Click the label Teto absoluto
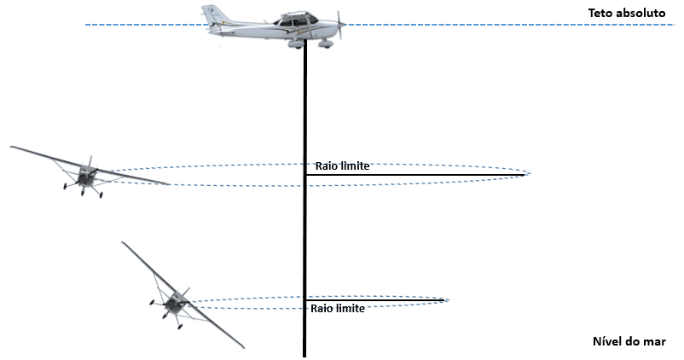[627, 13]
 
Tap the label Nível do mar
[629, 341]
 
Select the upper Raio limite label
[343, 165]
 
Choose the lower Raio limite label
[338, 309]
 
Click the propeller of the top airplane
[339, 24]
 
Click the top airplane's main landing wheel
[324, 44]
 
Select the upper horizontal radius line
[414, 175]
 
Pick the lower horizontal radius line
[374, 300]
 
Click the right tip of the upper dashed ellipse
[530, 173]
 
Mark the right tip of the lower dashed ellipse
[449, 299]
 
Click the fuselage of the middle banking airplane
[86, 175]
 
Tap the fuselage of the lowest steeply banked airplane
[176, 302]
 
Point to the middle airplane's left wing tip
[11, 148]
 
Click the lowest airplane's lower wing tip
[242, 347]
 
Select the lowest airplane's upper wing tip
[123, 243]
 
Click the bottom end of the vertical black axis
[304, 357]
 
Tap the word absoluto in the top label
[643, 13]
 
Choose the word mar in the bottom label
[655, 341]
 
